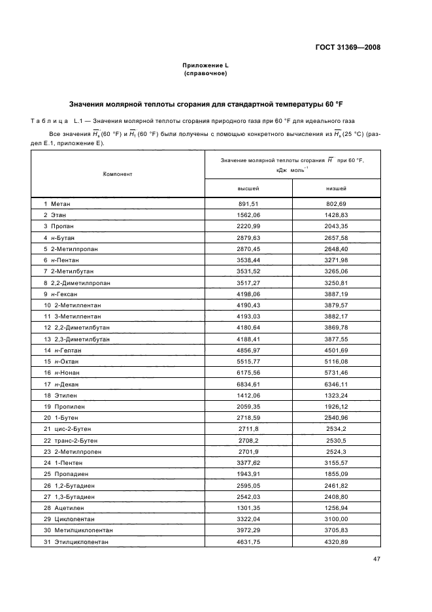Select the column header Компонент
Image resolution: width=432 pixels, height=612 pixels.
pyautogui.click(x=118, y=174)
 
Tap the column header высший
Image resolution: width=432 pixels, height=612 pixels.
pyautogui.click(x=248, y=188)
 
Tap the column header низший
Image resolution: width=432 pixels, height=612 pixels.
pyautogui.click(x=336, y=188)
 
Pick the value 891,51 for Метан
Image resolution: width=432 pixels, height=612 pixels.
pyautogui.click(x=248, y=204)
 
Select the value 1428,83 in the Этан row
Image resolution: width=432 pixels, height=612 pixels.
pyautogui.click(x=336, y=214)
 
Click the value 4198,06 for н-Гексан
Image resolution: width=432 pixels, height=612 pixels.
pyautogui.click(x=248, y=293)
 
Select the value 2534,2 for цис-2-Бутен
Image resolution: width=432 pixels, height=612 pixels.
pyautogui.click(x=336, y=430)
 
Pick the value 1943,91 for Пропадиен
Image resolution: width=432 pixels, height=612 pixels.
pyautogui.click(x=248, y=474)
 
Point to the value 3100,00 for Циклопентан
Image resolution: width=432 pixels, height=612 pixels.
pyautogui.click(x=336, y=518)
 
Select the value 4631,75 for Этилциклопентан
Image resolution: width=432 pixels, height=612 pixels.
pyautogui.click(x=248, y=542)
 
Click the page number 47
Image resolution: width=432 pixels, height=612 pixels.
pyautogui.click(x=376, y=559)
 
